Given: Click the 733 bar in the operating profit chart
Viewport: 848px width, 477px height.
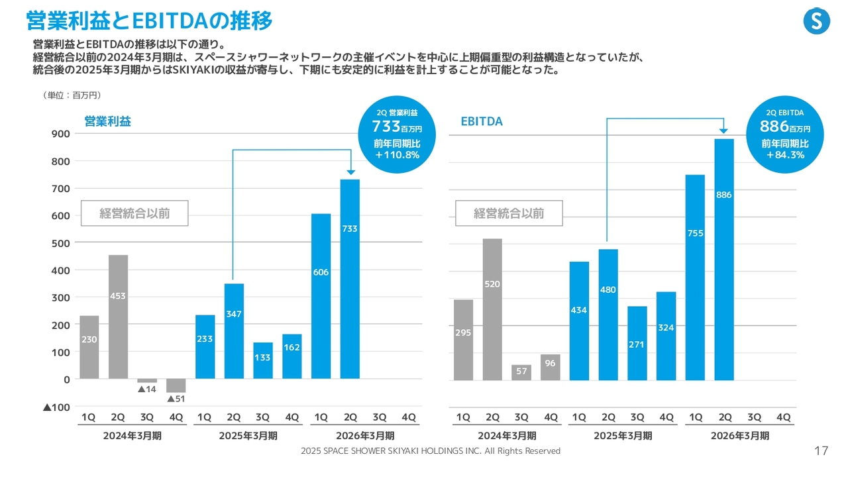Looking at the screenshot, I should [x=350, y=278].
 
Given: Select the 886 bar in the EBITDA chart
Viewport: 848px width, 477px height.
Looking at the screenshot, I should [x=724, y=258].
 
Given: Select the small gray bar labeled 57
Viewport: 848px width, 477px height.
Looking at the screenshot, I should [x=521, y=372].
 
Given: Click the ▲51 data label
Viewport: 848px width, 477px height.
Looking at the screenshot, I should [x=176, y=399].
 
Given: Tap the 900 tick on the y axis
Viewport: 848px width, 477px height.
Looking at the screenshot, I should [x=61, y=134].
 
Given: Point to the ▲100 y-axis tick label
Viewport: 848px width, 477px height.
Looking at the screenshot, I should [x=56, y=407].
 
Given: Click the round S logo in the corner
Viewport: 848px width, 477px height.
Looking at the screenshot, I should [x=816, y=21].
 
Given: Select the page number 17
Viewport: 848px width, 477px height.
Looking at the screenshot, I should [x=821, y=451].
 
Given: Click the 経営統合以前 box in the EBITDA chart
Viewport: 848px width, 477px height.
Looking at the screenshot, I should [x=509, y=213].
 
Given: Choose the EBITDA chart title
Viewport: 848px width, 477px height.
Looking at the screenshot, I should [x=482, y=122].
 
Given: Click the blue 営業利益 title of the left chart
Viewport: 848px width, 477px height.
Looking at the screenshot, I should [x=107, y=122].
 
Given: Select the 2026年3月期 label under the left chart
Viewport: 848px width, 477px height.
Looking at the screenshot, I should [x=365, y=436].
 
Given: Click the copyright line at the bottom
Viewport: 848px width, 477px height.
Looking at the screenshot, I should [x=431, y=451].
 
